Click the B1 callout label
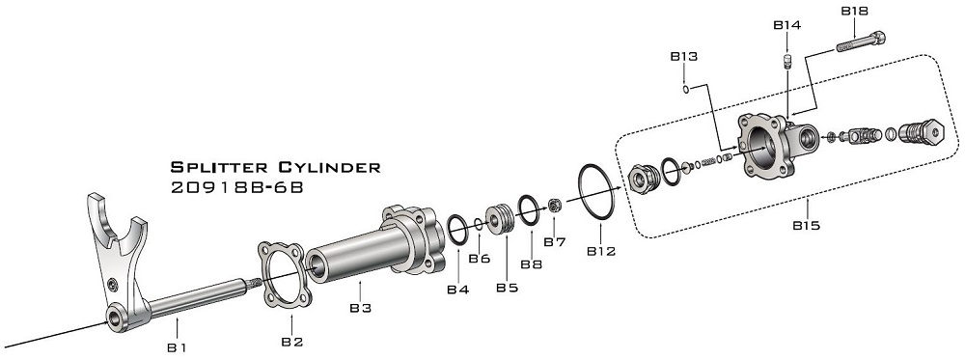(177, 347)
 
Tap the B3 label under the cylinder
(361, 308)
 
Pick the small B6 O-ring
(479, 223)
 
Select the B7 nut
(554, 205)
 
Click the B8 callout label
(531, 264)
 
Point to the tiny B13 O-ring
(685, 90)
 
